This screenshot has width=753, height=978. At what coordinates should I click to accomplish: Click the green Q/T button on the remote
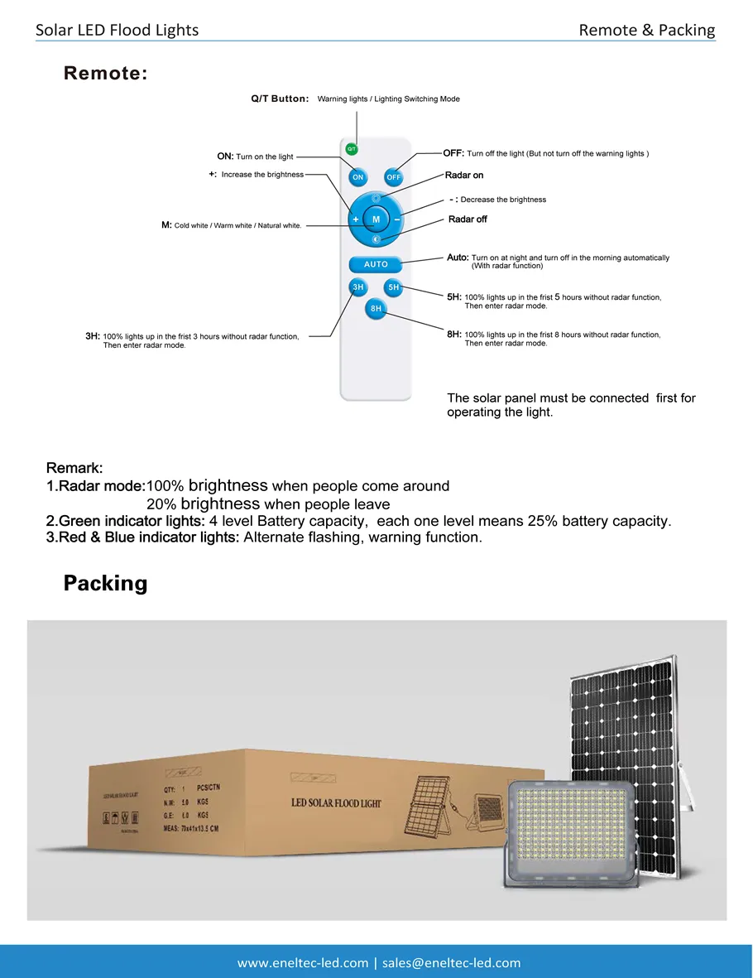pos(352,149)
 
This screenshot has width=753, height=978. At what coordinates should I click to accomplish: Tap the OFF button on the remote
pos(393,177)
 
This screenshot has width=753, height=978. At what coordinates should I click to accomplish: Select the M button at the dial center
pos(376,219)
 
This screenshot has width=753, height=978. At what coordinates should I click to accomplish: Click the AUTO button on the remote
pos(376,264)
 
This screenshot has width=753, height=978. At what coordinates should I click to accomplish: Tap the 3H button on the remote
pos(357,287)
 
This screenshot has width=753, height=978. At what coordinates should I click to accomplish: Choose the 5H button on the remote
pos(393,287)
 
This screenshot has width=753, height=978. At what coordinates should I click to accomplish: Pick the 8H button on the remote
pos(376,308)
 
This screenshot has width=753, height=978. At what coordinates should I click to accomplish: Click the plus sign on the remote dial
pos(356,219)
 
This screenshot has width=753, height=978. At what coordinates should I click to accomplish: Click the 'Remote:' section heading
pos(106,74)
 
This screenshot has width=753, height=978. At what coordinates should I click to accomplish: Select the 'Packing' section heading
pos(105,583)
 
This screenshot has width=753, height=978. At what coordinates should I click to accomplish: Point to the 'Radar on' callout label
pos(464,176)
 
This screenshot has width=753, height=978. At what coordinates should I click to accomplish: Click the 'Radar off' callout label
pos(468,219)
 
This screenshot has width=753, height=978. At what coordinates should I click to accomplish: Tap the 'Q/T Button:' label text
pos(280,99)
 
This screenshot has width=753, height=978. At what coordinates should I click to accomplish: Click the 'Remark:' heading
pos(74,468)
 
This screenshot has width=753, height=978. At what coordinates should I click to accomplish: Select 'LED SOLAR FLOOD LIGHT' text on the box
pos(337,803)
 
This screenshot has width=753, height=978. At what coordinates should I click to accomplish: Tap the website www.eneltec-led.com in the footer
pos(303,962)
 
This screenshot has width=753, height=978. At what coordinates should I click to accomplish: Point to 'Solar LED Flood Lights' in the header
pos(117,30)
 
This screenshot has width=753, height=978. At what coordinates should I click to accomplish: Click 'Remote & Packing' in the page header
pos(646,30)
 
